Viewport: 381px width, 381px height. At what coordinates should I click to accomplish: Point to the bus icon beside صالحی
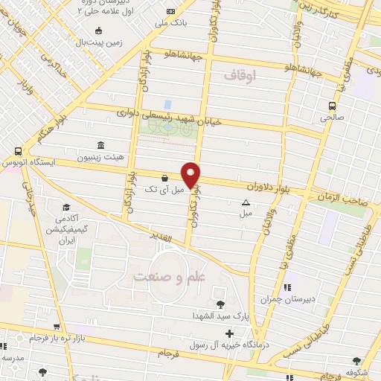(333, 105)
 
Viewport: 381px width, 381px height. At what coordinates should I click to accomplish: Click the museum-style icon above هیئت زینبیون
(100, 146)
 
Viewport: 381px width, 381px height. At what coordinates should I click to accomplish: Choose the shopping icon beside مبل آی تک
(164, 179)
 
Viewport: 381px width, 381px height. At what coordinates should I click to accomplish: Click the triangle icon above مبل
(246, 202)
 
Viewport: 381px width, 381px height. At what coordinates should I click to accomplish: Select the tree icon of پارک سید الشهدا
(220, 304)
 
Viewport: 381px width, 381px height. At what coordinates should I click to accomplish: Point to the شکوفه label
(360, 375)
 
